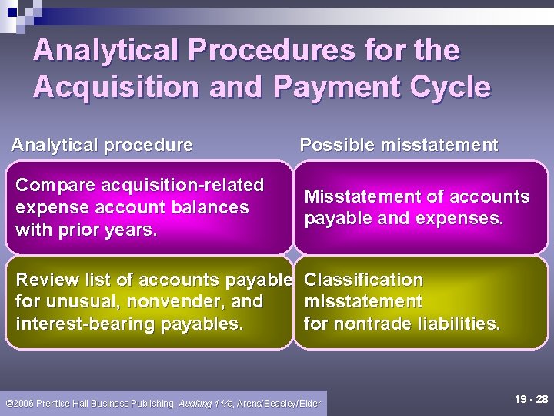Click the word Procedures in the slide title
coord(255,51)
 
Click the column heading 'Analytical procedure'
coord(102,145)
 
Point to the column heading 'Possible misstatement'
coord(399,145)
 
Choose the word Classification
coord(364,280)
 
